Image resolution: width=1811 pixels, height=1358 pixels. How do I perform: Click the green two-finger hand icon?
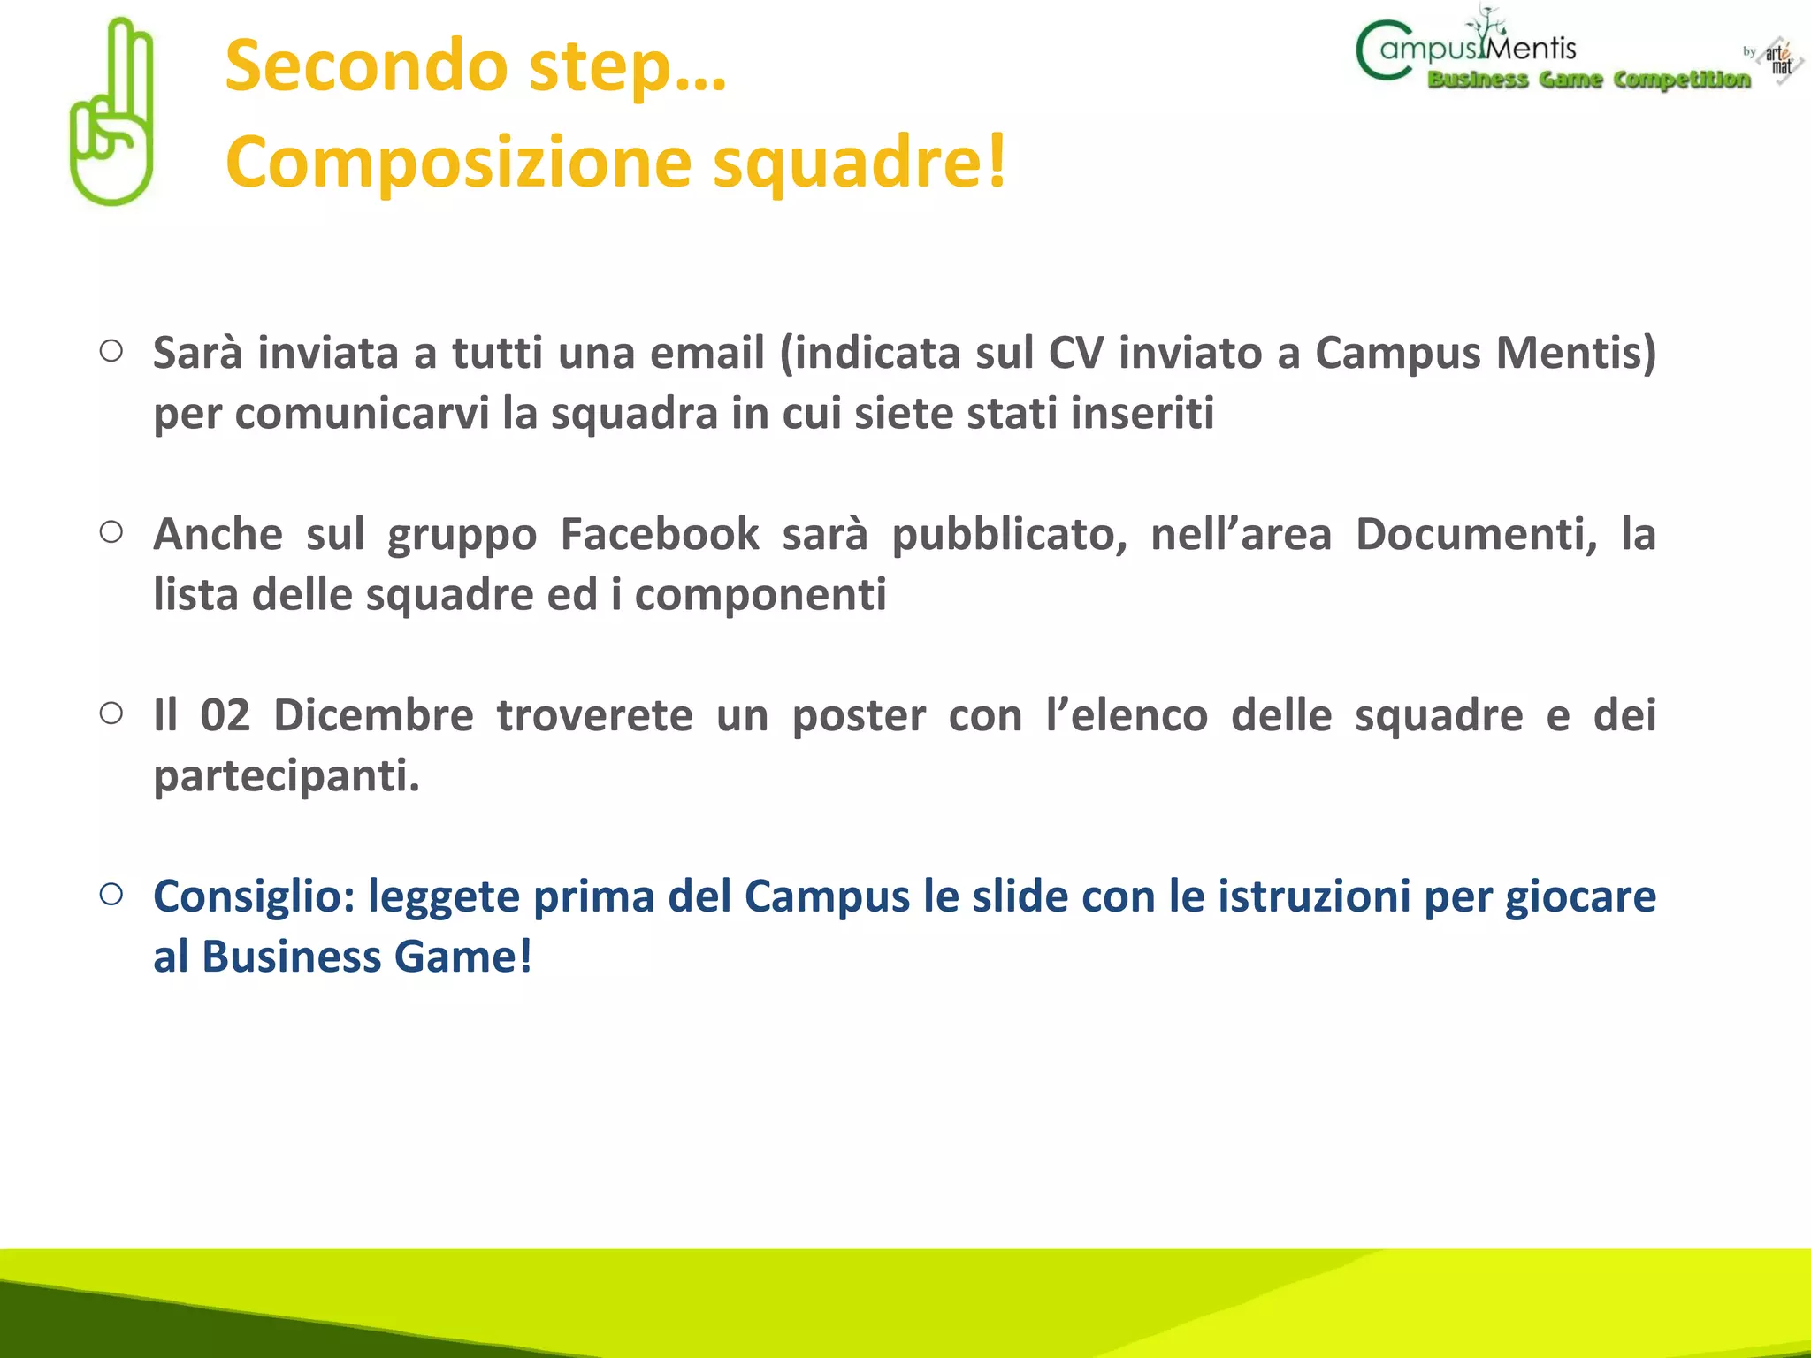tap(112, 113)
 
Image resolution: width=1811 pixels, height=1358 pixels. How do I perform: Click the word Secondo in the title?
tap(366, 66)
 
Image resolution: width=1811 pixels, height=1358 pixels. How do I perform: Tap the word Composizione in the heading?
tap(458, 162)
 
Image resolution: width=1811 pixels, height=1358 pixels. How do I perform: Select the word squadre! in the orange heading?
tap(860, 162)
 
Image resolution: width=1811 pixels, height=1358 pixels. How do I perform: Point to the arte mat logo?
tap(1779, 60)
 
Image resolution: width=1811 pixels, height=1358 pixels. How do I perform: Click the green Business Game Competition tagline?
tap(1589, 80)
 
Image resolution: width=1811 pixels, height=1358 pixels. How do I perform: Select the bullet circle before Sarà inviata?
tap(111, 351)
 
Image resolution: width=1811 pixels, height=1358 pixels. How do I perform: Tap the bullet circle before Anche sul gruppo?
tap(111, 532)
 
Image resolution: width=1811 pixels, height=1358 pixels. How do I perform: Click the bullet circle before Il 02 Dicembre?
tap(111, 713)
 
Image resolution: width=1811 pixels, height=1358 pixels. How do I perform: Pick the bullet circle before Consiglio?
tap(111, 894)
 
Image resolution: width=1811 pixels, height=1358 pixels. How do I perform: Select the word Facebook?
tap(660, 534)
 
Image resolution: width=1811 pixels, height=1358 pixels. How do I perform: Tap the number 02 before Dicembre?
tap(225, 715)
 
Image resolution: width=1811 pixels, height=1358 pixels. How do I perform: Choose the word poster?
tap(859, 715)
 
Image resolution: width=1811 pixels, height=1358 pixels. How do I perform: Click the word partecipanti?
tap(286, 776)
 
